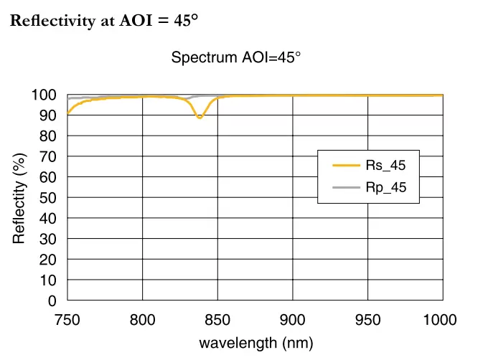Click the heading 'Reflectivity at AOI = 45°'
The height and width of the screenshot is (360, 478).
104,21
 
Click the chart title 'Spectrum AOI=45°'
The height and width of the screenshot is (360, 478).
235,57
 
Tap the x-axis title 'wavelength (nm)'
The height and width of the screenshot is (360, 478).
256,343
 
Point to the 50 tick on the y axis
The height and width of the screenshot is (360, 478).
47,198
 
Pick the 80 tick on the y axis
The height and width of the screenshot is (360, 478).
47,136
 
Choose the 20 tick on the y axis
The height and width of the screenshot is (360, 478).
47,260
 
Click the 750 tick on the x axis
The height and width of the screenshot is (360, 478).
67,320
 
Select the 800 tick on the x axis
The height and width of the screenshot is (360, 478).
143,320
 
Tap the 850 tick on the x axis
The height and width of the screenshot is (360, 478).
217,320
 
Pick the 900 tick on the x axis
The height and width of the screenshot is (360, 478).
293,320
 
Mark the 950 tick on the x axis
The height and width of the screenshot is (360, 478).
367,320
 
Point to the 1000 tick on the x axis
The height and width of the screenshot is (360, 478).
439,320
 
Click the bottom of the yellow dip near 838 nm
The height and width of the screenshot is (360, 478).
200,117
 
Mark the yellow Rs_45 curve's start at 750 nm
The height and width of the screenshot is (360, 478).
68,113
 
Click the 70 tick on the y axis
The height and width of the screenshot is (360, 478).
47,156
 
